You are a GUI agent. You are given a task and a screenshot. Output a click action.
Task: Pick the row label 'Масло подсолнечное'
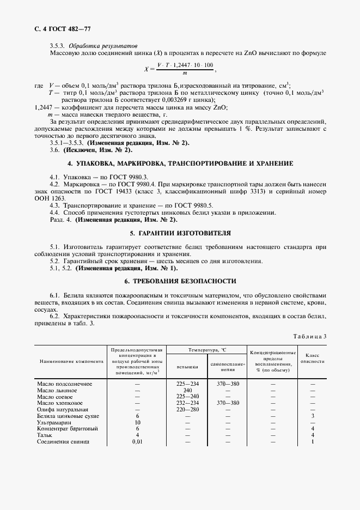[64, 384]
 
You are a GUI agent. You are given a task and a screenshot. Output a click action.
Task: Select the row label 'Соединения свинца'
[63, 441]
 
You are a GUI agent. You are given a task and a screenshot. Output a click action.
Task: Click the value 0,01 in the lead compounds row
[137, 441]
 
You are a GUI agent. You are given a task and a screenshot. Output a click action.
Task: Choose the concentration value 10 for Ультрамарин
[137, 422]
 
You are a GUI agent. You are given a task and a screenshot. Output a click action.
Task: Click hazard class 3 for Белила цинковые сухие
[313, 416]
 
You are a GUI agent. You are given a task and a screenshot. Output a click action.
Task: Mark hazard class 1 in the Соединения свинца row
[313, 441]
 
